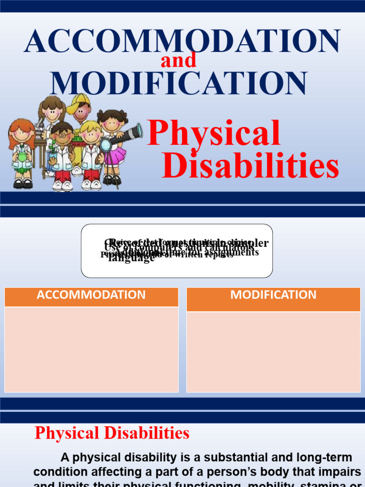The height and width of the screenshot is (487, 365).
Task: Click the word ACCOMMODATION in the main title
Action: click(182, 41)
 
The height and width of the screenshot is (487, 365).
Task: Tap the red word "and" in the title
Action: click(179, 60)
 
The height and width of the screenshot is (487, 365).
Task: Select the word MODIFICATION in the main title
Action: click(179, 83)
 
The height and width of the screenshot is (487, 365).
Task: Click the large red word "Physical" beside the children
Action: click(214, 134)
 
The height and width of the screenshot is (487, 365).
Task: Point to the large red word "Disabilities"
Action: click(250, 166)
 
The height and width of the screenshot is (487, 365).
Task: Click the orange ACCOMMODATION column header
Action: click(91, 295)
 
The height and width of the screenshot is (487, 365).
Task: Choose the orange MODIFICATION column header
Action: click(273, 295)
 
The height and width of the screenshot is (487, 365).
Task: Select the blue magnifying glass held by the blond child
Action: click(106, 145)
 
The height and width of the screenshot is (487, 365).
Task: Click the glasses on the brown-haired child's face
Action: click(62, 135)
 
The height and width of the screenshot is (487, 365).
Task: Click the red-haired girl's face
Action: click(22, 135)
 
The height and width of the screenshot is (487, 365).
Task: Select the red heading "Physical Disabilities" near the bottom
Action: click(112, 433)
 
